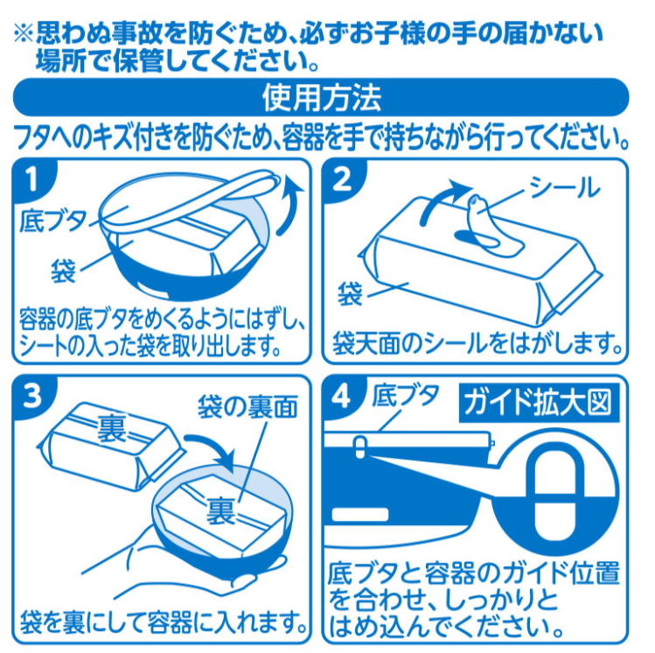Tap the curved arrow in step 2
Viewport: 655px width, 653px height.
tap(440, 195)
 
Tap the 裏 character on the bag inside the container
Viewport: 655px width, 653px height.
tap(222, 510)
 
